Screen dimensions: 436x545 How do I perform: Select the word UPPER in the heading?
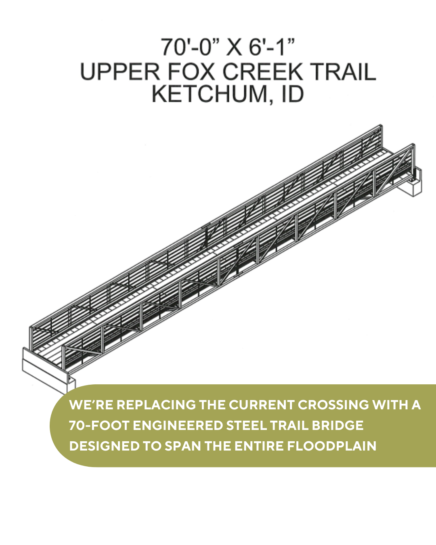120,72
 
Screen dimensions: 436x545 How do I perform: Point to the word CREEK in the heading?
263,72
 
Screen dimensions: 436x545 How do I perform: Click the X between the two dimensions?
234,47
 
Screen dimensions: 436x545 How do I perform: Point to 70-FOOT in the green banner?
99,426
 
